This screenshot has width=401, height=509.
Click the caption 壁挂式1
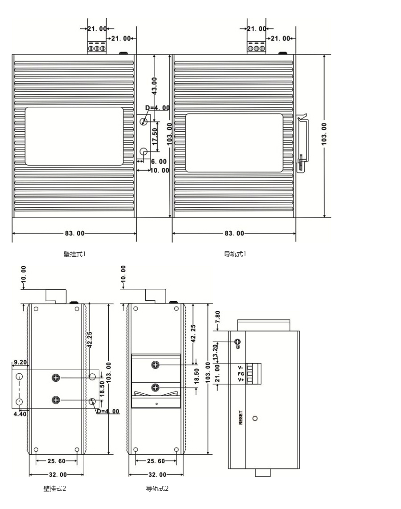point(75,254)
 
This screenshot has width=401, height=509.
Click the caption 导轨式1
point(235,254)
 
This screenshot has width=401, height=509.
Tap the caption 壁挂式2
point(55,489)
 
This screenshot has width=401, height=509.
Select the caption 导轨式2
point(157,489)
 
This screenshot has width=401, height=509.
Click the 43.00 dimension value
point(154,86)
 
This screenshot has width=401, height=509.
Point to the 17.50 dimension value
point(155,136)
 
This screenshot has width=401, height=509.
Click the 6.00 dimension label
point(159,162)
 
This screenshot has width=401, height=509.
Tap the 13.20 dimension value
point(215,352)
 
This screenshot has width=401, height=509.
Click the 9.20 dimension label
point(20,362)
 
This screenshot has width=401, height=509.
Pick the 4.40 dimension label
point(20,414)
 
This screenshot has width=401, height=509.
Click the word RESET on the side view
point(241,417)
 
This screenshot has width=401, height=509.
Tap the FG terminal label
point(241,374)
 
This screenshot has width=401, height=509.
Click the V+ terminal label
point(241,380)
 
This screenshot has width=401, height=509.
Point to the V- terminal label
point(241,368)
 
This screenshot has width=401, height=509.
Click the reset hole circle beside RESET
point(255,418)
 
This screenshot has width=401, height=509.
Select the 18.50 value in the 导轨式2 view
point(196,376)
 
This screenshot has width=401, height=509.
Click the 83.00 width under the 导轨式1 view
point(234,233)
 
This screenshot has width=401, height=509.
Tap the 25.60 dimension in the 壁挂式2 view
point(57,461)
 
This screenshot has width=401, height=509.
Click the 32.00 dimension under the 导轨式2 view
point(158,475)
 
